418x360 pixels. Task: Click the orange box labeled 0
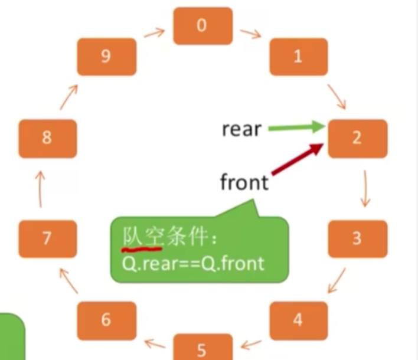(203, 26)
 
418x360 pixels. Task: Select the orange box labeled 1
(298, 57)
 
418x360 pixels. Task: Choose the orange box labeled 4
(298, 320)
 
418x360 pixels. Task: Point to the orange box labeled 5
(203, 348)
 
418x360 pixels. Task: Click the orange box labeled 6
(106, 320)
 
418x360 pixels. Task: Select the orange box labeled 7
(48, 238)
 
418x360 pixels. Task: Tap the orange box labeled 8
(48, 138)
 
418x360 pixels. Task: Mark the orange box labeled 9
(106, 57)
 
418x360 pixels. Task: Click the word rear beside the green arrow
(241, 129)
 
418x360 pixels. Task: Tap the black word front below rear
(244, 182)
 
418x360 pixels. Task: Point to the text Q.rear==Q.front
(193, 262)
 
